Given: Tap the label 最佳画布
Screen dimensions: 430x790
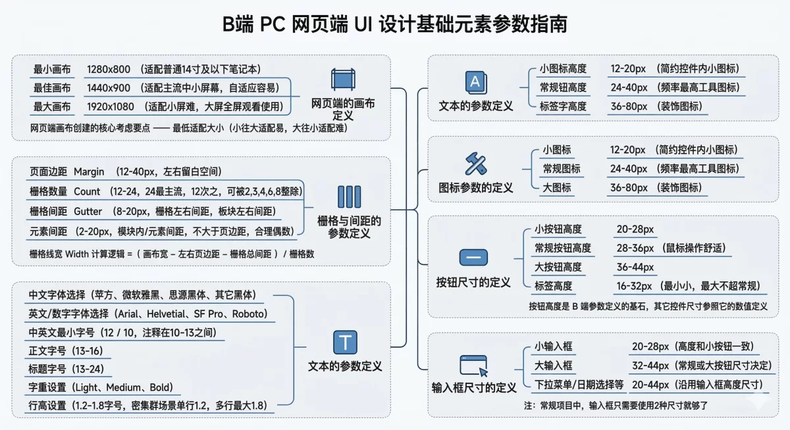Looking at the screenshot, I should [52, 88].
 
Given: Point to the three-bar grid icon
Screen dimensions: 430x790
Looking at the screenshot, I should [349, 197].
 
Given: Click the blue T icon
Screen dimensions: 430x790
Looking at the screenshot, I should [345, 343].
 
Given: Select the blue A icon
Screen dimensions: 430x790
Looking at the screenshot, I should [475, 82].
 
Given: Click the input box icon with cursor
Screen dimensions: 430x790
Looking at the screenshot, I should [474, 364].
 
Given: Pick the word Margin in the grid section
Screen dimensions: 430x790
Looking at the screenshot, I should [89, 172].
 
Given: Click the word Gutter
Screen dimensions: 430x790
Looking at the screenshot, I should [88, 212].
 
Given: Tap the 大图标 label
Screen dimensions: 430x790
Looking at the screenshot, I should [557, 188].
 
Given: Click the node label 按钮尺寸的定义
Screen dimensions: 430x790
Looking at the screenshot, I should [473, 282].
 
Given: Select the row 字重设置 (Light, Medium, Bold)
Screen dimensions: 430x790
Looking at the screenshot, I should [101, 387].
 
